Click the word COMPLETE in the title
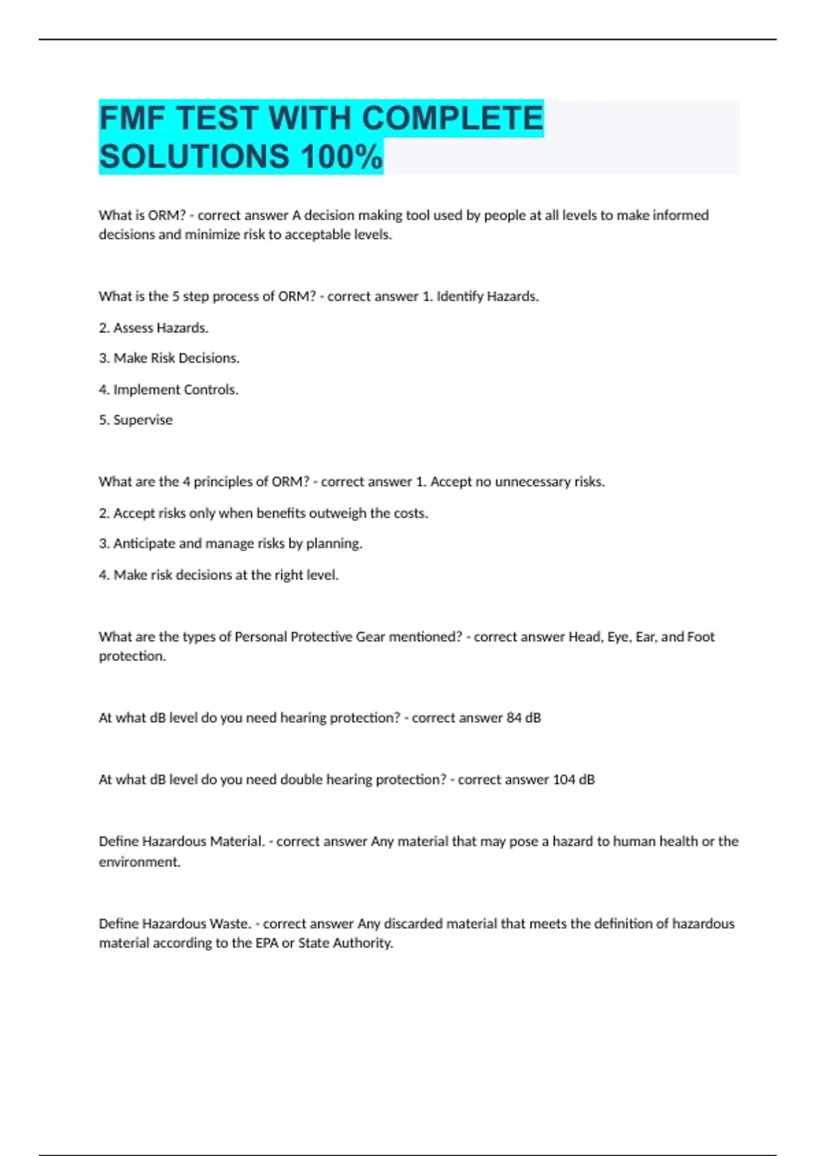(x=452, y=118)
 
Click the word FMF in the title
(x=132, y=118)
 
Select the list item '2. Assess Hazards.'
(x=154, y=328)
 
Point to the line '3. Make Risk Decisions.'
(x=169, y=358)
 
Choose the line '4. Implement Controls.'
(x=169, y=390)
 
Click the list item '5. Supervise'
(x=135, y=420)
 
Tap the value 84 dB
(x=524, y=717)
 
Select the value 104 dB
(x=573, y=779)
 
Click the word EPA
(x=267, y=943)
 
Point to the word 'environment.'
(x=139, y=862)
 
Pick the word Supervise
(x=143, y=420)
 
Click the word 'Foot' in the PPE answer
(x=700, y=636)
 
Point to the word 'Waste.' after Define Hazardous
(x=230, y=923)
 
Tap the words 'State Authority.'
(x=345, y=943)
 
